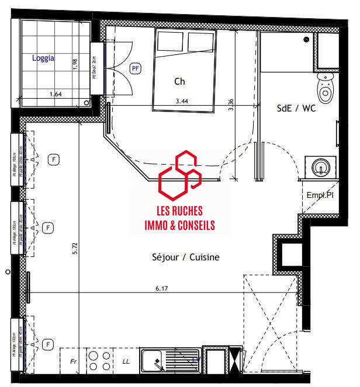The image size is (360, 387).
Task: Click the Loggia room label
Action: coord(44,58)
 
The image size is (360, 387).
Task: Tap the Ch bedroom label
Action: coord(180,82)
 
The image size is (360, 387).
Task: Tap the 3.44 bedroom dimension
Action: coord(182,101)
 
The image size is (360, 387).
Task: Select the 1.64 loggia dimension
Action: coord(55,94)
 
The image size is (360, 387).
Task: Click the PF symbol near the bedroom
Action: coord(136,68)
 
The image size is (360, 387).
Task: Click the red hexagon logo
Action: coord(179,175)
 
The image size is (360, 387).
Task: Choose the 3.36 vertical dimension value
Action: coord(231,105)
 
